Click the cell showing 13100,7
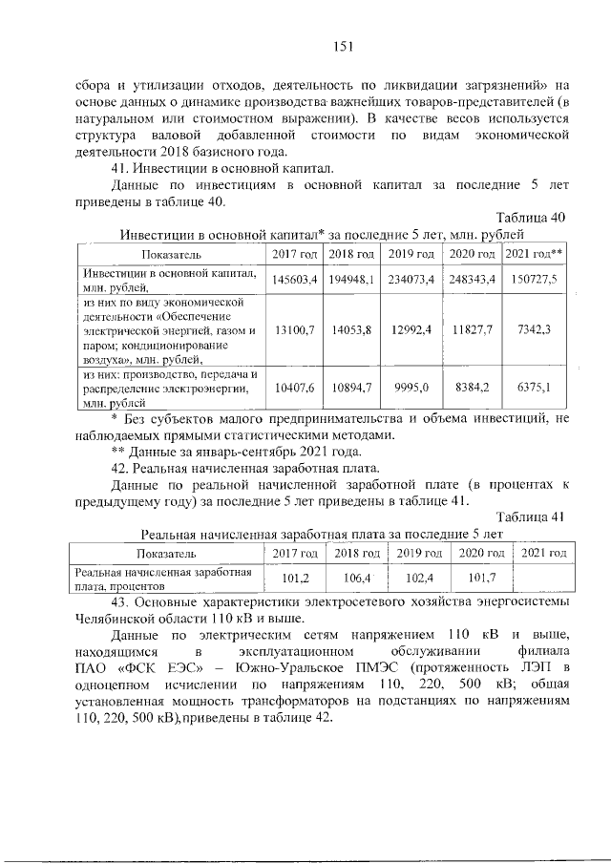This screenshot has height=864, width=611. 294,329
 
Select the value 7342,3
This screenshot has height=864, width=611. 534,329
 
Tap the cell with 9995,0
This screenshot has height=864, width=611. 411,388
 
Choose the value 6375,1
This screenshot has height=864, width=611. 534,388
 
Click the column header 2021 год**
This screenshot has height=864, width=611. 534,253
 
